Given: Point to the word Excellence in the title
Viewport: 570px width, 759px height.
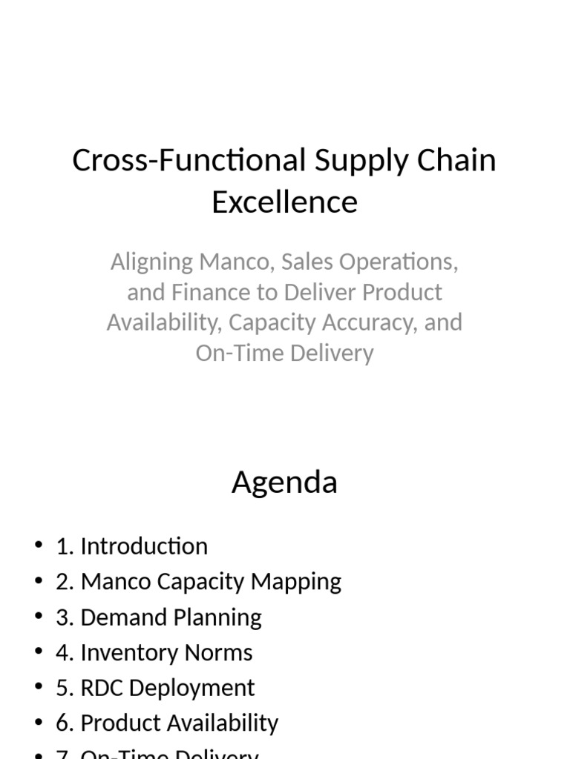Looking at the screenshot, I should [284, 202].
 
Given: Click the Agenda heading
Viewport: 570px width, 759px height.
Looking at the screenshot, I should [284, 483].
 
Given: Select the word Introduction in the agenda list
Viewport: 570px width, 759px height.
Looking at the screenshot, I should [144, 546].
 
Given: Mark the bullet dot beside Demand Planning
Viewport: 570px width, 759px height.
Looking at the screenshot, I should [39, 617].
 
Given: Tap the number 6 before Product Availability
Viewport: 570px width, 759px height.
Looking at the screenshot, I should [62, 723].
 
